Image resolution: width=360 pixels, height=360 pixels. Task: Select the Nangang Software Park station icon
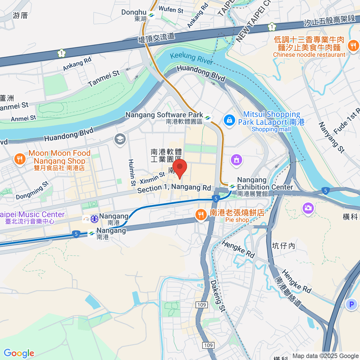208,118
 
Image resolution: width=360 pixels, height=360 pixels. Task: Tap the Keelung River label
191,58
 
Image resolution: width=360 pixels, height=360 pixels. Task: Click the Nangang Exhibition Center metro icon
232,187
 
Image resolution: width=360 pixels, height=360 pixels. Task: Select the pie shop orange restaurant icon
200,214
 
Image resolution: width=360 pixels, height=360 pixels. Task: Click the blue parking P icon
351,304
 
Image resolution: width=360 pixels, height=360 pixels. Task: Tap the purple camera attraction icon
308,208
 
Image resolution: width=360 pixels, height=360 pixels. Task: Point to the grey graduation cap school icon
120,139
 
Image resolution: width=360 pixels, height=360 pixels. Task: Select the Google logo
19,353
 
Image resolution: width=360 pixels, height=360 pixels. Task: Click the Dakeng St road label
217,296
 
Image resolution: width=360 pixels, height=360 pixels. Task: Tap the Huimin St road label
131,172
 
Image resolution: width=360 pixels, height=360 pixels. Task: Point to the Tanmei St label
103,79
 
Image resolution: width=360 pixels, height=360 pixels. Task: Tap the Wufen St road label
171,10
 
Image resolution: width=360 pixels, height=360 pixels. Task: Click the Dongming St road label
32,191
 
